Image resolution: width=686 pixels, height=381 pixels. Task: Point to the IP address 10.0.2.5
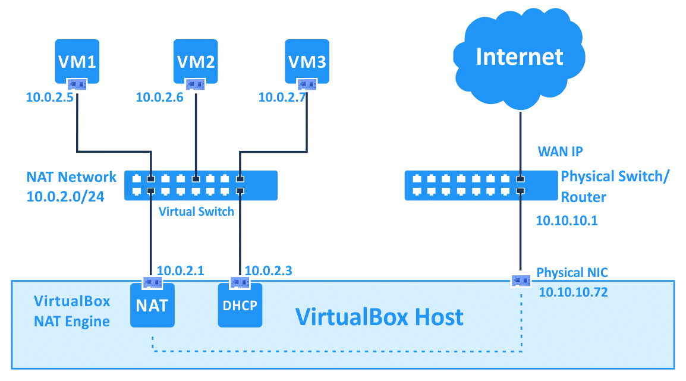[x=49, y=97]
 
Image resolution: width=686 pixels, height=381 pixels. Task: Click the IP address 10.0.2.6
[x=160, y=97]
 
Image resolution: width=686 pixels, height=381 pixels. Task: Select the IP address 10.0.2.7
[x=282, y=97]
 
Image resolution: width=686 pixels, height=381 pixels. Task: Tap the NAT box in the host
[x=152, y=306]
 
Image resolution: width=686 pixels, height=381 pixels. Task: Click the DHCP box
[x=240, y=306]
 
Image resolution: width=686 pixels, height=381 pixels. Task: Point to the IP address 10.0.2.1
[x=180, y=271]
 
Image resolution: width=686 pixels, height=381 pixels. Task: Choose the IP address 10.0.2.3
[x=268, y=271]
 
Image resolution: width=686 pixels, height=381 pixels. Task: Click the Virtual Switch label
[x=196, y=211]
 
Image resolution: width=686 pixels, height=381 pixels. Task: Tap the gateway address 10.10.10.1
[x=567, y=221]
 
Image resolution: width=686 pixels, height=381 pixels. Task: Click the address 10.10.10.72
[x=573, y=292]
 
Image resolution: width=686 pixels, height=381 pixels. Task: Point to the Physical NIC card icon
[x=521, y=279]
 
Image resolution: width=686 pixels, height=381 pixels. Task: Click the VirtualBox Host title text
[x=379, y=317]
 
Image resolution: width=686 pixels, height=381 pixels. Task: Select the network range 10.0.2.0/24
[x=65, y=196]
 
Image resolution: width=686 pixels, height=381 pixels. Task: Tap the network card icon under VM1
[x=77, y=84]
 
